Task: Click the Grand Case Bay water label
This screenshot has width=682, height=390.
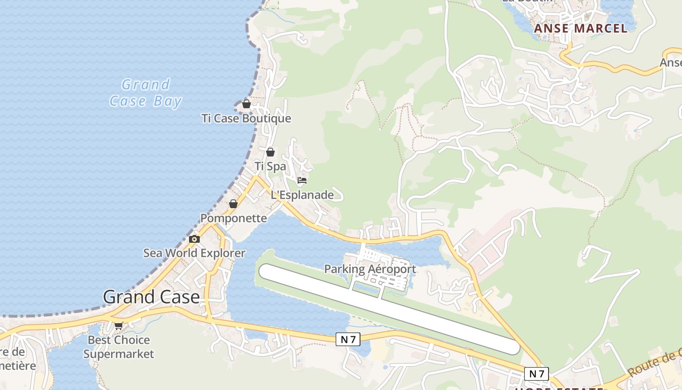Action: [x=145, y=93]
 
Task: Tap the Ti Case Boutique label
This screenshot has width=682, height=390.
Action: [x=246, y=118]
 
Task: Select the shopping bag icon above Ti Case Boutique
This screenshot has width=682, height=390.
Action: [x=246, y=104]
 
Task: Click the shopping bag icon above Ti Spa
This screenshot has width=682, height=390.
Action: [x=270, y=152]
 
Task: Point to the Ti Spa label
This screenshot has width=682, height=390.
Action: [x=270, y=166]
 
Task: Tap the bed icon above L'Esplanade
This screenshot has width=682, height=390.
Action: [x=302, y=180]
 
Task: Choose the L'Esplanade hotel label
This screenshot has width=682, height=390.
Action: [x=302, y=195]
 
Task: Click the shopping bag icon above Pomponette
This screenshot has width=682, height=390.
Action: [x=233, y=204]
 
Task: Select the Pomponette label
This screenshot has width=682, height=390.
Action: [x=234, y=218]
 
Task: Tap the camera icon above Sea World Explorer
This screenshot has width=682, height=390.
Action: [x=194, y=239]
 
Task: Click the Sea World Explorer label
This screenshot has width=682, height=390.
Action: [x=194, y=253]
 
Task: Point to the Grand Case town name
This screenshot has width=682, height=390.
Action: [x=152, y=297]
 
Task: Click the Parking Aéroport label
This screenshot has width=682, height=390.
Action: [x=370, y=269]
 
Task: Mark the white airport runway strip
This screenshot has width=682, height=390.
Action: [x=390, y=309]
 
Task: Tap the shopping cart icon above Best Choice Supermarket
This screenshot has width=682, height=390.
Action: [x=118, y=326]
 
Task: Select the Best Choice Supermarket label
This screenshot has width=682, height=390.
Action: [x=118, y=347]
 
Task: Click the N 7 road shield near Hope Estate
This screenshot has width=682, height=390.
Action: [x=536, y=374]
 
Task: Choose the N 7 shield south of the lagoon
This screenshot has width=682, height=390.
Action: [x=348, y=340]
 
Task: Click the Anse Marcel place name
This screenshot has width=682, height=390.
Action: [x=581, y=28]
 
